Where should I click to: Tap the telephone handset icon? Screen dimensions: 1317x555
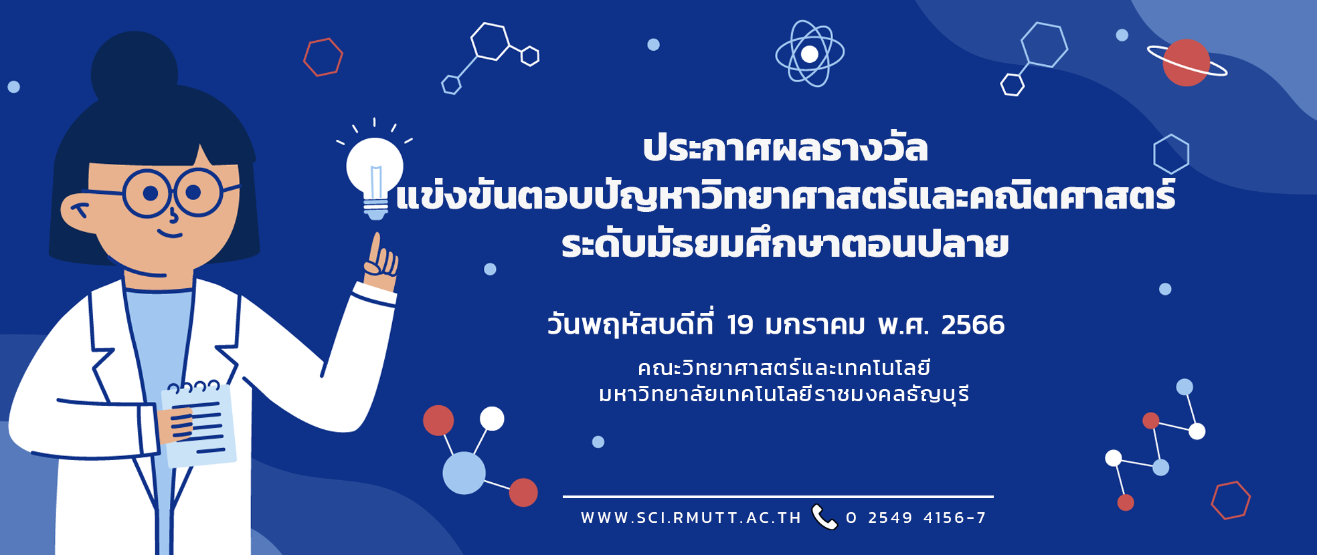pyautogui.click(x=824, y=517)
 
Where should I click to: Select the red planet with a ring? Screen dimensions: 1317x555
pyautogui.click(x=1187, y=63)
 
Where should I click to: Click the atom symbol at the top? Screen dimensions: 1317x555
pyautogui.click(x=810, y=53)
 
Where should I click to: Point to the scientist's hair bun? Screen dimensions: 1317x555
pyautogui.click(x=134, y=70)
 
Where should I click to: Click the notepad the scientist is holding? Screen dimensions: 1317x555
pyautogui.click(x=199, y=425)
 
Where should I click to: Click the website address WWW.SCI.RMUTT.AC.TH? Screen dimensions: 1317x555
pyautogui.click(x=691, y=518)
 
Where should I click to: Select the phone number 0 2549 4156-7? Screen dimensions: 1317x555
pyautogui.click(x=916, y=518)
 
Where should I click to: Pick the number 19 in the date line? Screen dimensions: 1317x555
pyautogui.click(x=740, y=325)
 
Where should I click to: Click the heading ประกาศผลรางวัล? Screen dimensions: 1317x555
pyautogui.click(x=786, y=148)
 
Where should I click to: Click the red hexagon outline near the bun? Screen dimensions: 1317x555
pyautogui.click(x=323, y=57)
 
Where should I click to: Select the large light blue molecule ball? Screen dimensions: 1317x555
pyautogui.click(x=464, y=473)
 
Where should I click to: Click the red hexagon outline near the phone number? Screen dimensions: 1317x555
pyautogui.click(x=1231, y=500)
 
